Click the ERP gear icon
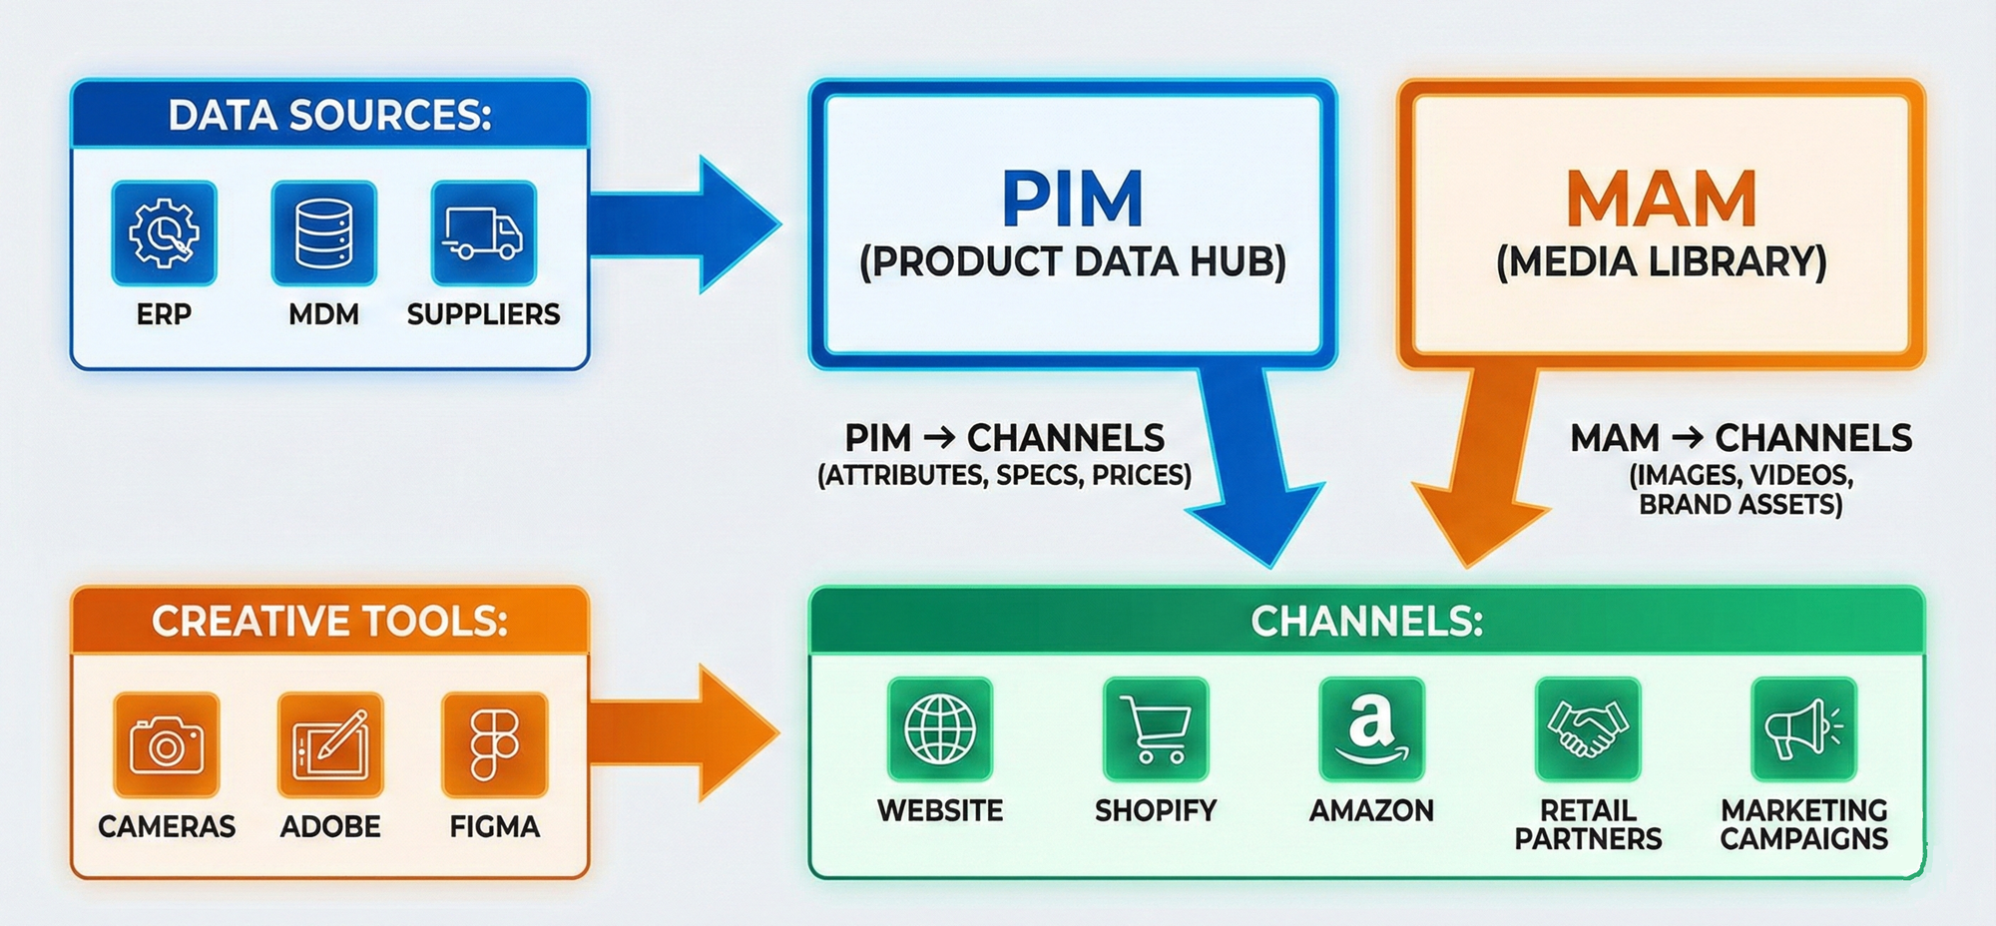[x=164, y=233]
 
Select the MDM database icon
[x=323, y=233]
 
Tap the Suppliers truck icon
[x=483, y=233]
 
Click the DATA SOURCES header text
[x=329, y=115]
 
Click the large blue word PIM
[x=1072, y=200]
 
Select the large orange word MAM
[x=1661, y=200]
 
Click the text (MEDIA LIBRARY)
[x=1661, y=261]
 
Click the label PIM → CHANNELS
[x=1004, y=438]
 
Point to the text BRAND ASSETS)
[x=1741, y=505]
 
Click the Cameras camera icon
[x=167, y=745]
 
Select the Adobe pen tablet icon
[x=330, y=745]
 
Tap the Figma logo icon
[x=494, y=745]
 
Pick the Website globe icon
[x=940, y=729]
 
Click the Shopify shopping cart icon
[x=1156, y=729]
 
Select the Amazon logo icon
[x=1371, y=729]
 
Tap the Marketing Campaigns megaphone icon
[x=1803, y=729]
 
